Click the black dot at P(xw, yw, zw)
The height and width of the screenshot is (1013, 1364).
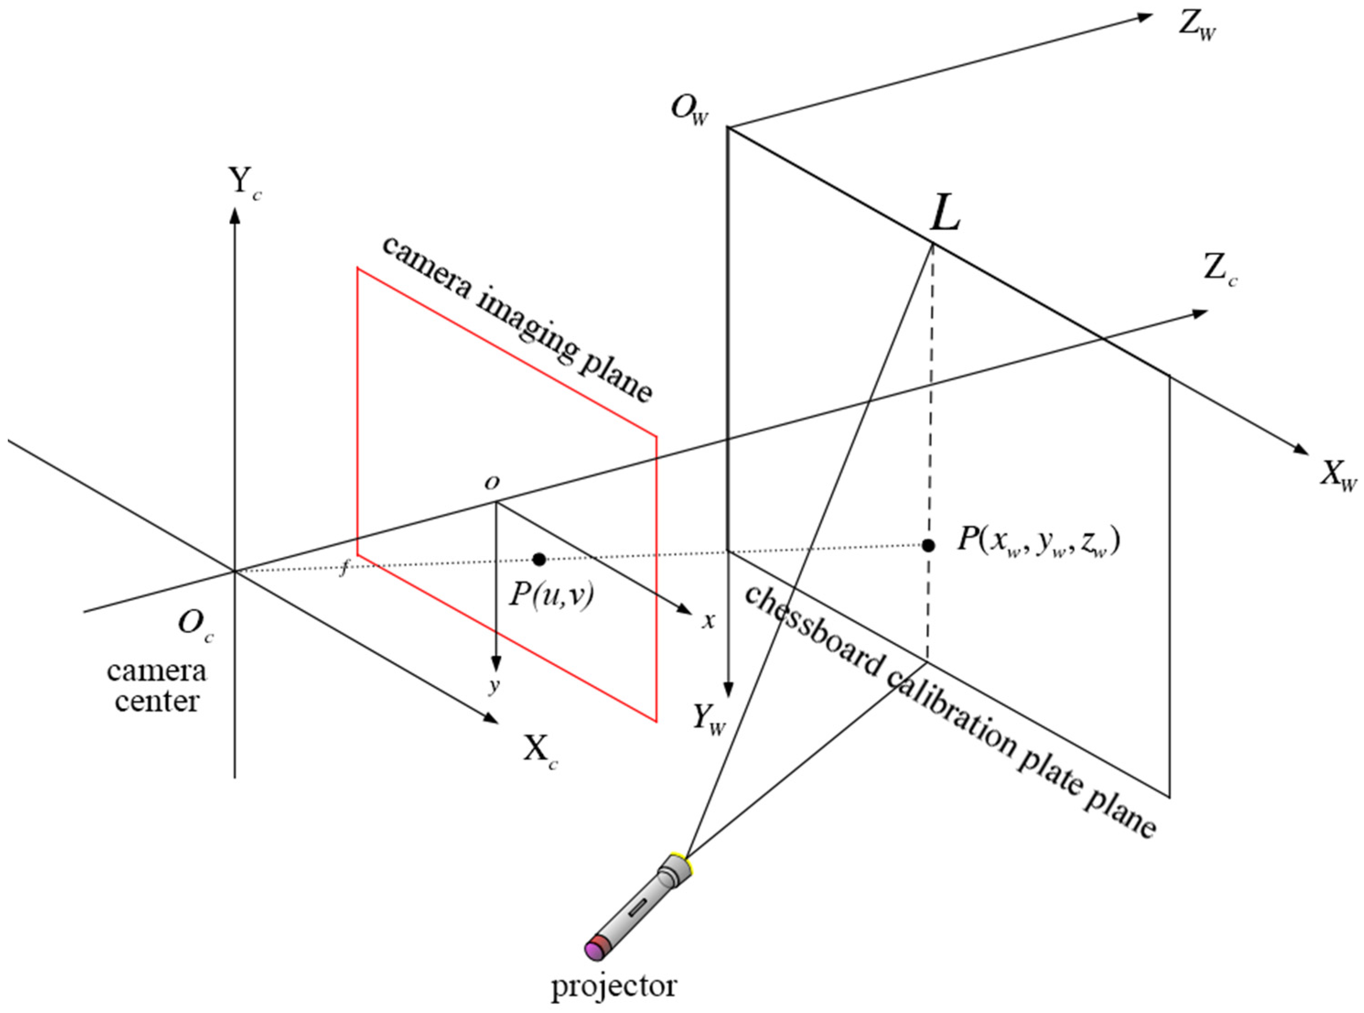929,545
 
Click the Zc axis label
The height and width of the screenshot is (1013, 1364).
1220,270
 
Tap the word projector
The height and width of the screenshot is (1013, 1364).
614,986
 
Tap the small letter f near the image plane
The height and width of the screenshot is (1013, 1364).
344,570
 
